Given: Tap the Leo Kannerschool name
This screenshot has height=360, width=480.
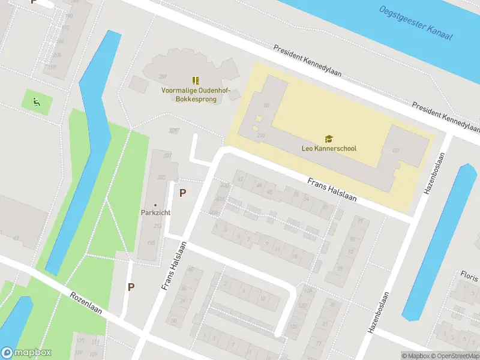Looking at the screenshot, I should (x=328, y=148).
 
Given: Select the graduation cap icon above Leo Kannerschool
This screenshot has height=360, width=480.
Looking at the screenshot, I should (x=328, y=139).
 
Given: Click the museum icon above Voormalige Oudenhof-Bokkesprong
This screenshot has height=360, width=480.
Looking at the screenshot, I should (x=195, y=80).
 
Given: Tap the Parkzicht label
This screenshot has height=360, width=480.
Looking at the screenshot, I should (x=155, y=212).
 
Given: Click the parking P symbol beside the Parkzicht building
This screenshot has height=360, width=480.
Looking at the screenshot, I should (x=183, y=193).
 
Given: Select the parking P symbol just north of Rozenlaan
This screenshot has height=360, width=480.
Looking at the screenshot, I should (x=130, y=287).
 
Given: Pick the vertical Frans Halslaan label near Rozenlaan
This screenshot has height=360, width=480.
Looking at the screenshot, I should (x=175, y=266).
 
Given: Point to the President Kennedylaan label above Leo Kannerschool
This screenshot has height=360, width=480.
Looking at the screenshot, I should (x=307, y=61).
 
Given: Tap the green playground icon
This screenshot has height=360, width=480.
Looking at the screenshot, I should (x=37, y=101).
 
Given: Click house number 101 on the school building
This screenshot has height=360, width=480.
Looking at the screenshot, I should (x=395, y=150).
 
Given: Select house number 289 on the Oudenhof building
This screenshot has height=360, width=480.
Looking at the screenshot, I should (x=162, y=76).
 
